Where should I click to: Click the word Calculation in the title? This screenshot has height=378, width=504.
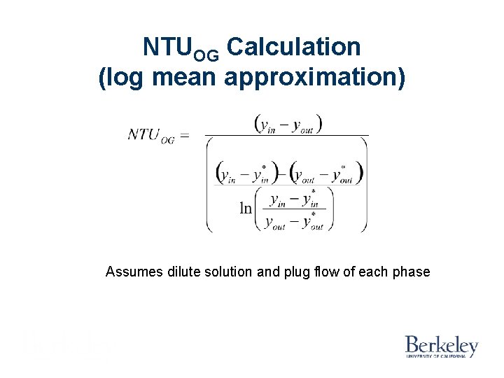(x=294, y=48)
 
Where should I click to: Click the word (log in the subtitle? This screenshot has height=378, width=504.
(x=122, y=78)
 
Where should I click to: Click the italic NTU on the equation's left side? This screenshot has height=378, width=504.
(x=143, y=134)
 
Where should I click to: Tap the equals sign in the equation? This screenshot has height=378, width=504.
(x=185, y=135)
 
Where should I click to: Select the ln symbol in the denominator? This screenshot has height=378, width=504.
(x=246, y=208)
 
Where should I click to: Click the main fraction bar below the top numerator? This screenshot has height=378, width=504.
(x=287, y=135)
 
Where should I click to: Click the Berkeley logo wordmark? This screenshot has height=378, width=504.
(x=441, y=344)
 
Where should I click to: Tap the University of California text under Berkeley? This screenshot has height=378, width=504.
(x=441, y=356)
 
